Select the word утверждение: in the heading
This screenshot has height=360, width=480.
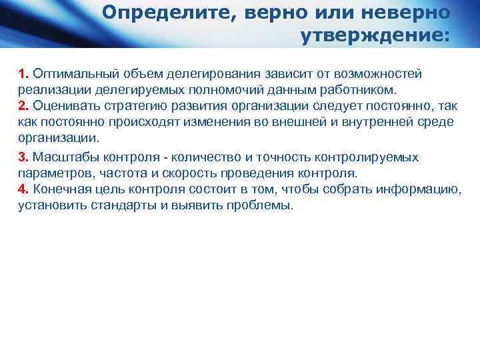click(x=375, y=35)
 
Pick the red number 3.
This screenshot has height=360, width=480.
click(x=23, y=157)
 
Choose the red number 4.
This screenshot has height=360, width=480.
click(x=23, y=189)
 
